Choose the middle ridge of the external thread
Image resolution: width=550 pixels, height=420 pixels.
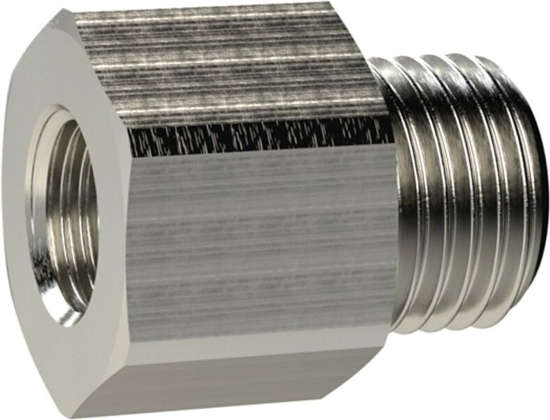coord(465,194)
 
